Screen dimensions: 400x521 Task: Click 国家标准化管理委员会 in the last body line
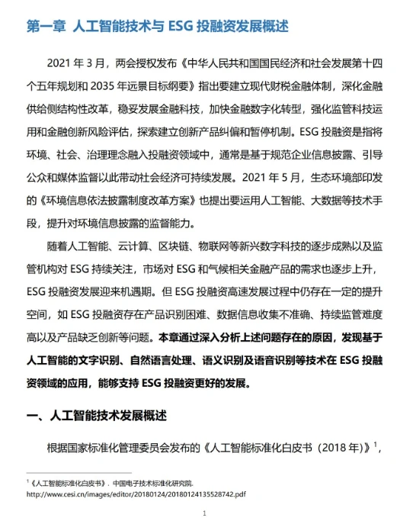pos(122,447)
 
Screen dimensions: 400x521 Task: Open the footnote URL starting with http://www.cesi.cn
pos(136,494)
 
